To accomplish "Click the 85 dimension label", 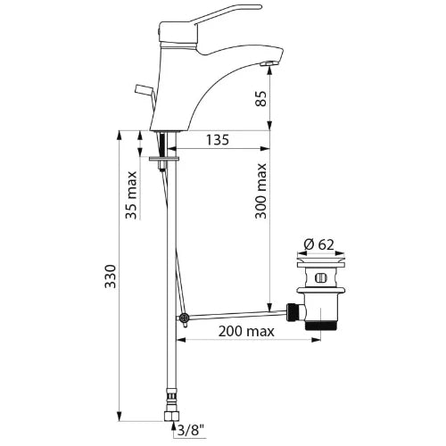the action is click(260, 98).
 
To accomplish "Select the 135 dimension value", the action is click(218, 140).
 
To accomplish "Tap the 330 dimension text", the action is click(111, 277).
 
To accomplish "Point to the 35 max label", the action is click(131, 195).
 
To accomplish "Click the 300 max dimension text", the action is click(260, 191).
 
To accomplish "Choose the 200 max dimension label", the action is click(246, 331).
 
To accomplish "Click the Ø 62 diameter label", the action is click(319, 244).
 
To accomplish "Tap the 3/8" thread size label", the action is click(191, 429).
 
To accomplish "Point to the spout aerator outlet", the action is click(268, 63).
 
